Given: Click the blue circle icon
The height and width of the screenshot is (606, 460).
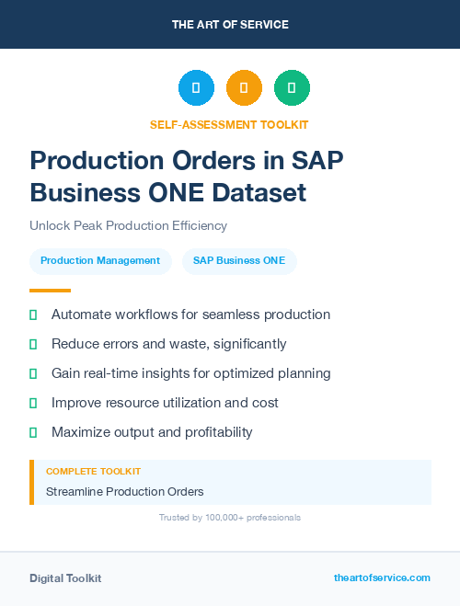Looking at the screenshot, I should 196,87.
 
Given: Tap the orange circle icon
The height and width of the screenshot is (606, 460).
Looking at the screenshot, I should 244,87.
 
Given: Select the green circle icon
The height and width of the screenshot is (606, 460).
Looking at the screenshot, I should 292,87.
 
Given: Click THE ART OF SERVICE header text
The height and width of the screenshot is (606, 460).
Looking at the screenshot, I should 230,25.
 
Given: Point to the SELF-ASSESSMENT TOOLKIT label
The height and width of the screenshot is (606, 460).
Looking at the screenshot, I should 229,124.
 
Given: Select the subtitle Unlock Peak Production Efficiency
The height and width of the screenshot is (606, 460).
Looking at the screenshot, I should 128,225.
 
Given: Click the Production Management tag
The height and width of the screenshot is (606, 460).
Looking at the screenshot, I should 100,260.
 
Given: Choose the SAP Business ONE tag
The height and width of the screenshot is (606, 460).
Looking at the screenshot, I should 239,260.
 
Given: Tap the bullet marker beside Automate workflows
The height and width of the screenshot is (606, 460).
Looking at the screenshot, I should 33,314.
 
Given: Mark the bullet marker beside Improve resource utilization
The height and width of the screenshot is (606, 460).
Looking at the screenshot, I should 33,403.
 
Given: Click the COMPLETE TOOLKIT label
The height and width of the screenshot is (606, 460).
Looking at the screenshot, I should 93,471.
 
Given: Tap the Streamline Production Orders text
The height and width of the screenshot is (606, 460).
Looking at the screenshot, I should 125,491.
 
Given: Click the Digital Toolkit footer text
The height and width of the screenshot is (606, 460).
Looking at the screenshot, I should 65,578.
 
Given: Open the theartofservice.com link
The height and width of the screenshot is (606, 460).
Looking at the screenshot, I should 382,577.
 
